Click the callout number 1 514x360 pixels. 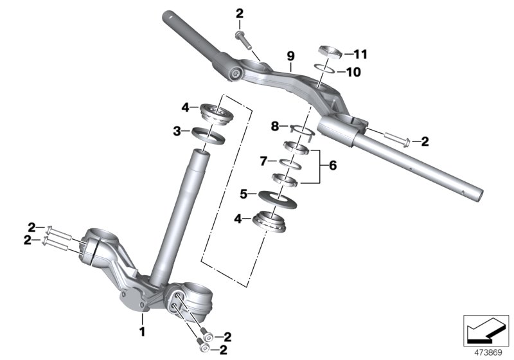coord(143,332)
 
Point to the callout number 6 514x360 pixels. coord(332,166)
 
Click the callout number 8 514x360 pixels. coord(274,127)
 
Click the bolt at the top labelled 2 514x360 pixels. coord(242,37)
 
